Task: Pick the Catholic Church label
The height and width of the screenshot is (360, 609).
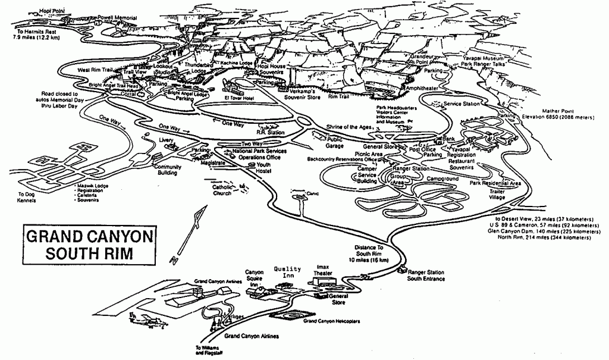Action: pyautogui.click(x=222, y=190)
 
